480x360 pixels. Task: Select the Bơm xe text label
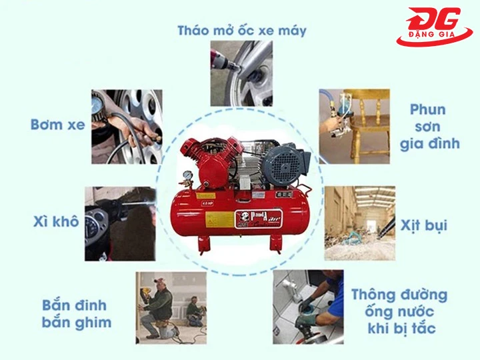pyautogui.click(x=57, y=124)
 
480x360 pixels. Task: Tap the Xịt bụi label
pyautogui.click(x=424, y=225)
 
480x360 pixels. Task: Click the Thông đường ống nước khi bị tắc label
pyautogui.click(x=399, y=311)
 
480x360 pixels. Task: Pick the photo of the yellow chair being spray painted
pyautogui.click(x=353, y=126)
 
